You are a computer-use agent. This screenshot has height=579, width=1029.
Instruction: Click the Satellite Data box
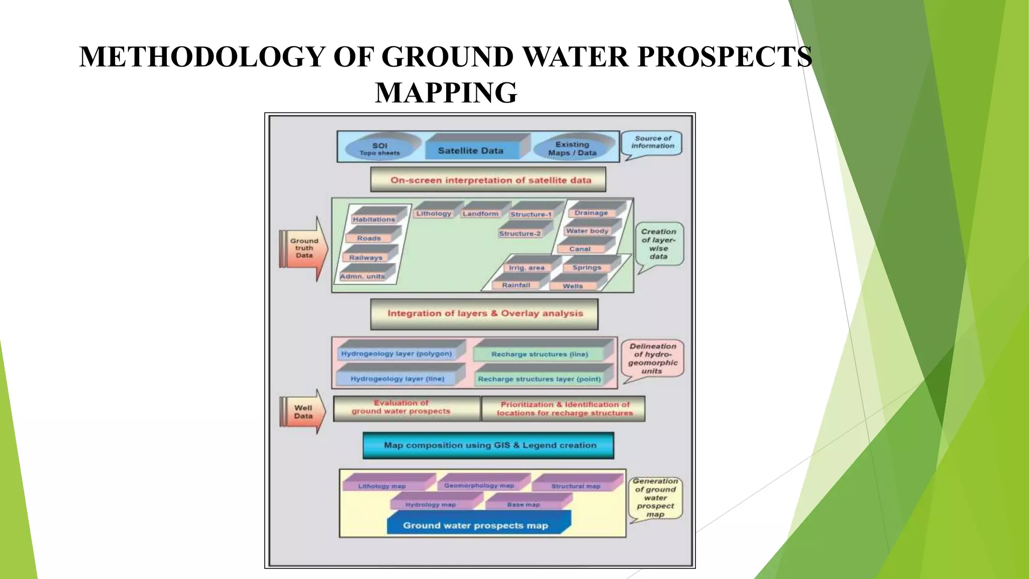coord(471,150)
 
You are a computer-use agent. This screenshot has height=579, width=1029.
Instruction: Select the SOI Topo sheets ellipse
coord(380,148)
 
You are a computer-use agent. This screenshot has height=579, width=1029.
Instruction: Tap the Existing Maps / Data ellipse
coord(572,148)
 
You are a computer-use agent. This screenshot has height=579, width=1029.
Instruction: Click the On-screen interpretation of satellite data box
coord(488,180)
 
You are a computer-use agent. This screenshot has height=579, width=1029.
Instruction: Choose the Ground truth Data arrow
coord(303,248)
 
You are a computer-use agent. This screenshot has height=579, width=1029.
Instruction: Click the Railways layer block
coord(366,257)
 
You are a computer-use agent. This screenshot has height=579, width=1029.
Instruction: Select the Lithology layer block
coord(434,213)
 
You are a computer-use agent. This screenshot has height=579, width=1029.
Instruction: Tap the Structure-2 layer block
coord(520,233)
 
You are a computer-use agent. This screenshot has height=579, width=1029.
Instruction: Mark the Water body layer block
coord(587,231)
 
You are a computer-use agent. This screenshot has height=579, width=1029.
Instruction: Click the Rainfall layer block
coord(516,285)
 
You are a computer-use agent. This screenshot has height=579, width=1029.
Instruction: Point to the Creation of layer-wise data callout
coord(659,244)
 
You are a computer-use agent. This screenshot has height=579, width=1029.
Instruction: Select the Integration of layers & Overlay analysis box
coord(484,314)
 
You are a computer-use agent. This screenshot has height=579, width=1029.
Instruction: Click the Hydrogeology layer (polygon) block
coord(396,354)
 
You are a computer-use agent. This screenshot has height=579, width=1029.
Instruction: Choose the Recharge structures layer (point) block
coord(539,379)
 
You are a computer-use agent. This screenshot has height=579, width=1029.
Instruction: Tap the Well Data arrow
coord(303,412)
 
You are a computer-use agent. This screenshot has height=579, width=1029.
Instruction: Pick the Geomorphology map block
coord(479,486)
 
